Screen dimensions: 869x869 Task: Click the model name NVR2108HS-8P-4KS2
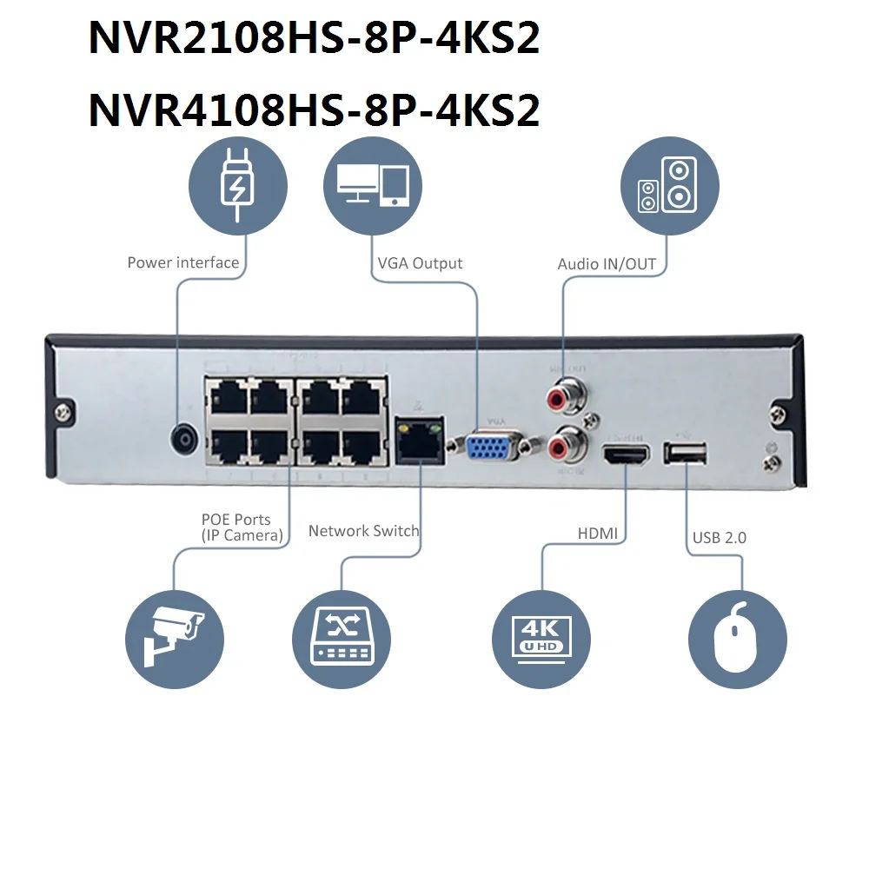[314, 39]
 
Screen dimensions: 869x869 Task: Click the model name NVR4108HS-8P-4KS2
[314, 110]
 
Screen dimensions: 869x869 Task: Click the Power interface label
[182, 262]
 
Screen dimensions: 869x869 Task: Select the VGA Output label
[420, 263]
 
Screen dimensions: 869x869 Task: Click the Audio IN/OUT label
[607, 264]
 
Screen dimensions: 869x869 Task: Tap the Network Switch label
[363, 531]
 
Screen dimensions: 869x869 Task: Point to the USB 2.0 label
[719, 538]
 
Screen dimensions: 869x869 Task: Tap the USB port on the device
[685, 453]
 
